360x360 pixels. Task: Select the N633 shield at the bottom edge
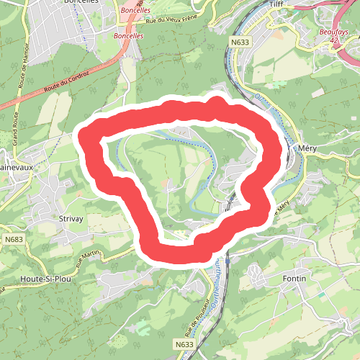tap(184, 345)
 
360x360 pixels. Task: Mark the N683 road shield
tap(13, 238)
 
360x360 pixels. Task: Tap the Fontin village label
tap(294, 278)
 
